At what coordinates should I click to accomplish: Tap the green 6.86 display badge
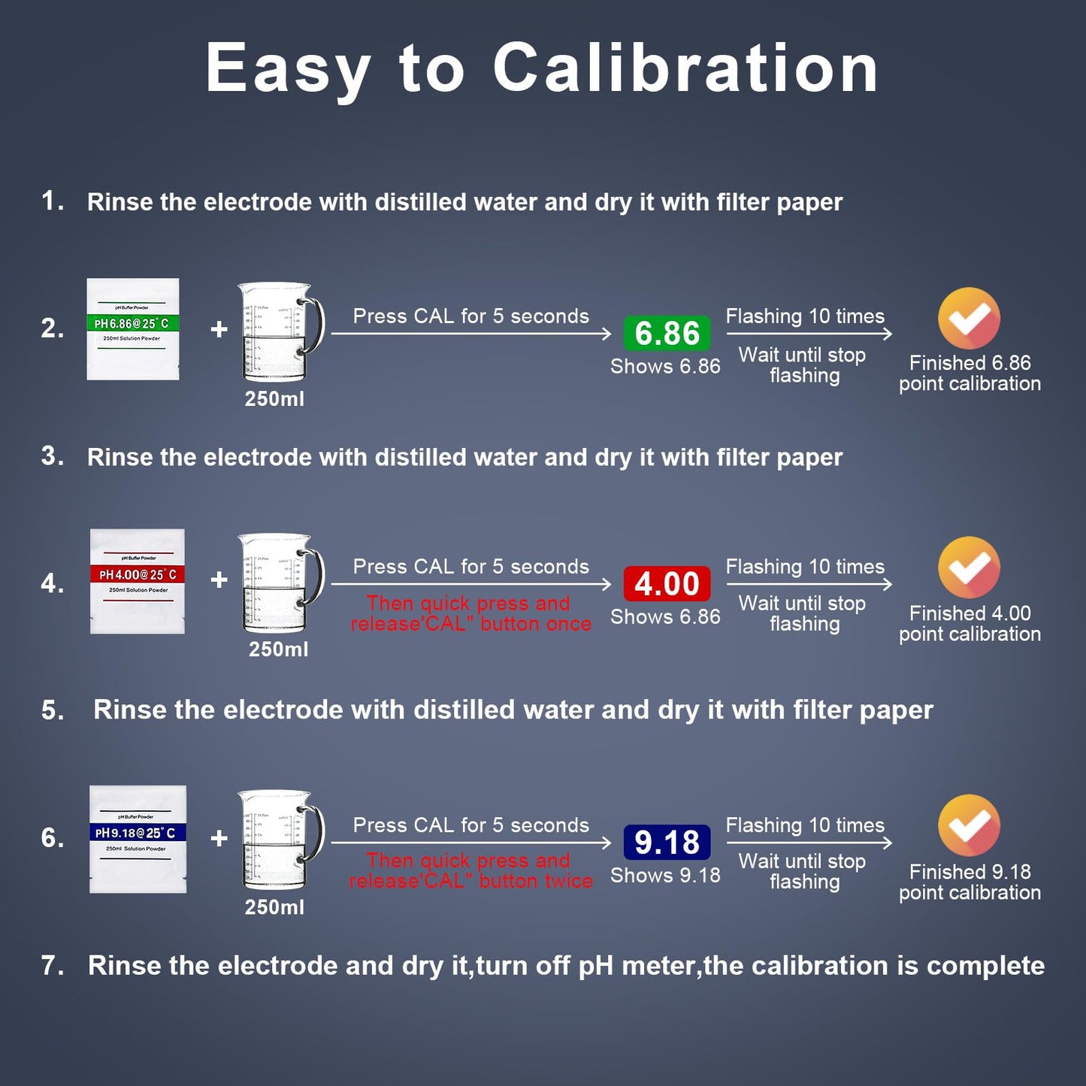[x=667, y=333]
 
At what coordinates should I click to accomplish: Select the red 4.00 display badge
[x=667, y=584]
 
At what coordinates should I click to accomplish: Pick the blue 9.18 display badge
[x=667, y=842]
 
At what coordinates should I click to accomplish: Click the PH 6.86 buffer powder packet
[x=133, y=329]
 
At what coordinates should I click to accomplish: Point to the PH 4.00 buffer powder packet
[x=138, y=581]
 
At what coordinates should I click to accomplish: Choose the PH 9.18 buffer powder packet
[x=138, y=839]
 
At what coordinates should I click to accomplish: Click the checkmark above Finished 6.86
[x=969, y=319]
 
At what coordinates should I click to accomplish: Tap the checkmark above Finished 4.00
[x=969, y=568]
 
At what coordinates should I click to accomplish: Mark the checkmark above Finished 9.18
[x=969, y=825]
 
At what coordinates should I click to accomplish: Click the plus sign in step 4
[x=219, y=579]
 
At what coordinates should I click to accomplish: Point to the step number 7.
[x=52, y=966]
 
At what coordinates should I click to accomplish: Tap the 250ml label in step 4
[x=278, y=649]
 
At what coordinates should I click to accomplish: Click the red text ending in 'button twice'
[x=470, y=870]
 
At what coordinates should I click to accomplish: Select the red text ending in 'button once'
[x=470, y=613]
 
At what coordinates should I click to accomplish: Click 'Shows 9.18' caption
[x=665, y=876]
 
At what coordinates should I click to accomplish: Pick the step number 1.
[x=52, y=201]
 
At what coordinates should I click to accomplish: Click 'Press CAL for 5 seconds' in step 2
[x=470, y=316]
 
